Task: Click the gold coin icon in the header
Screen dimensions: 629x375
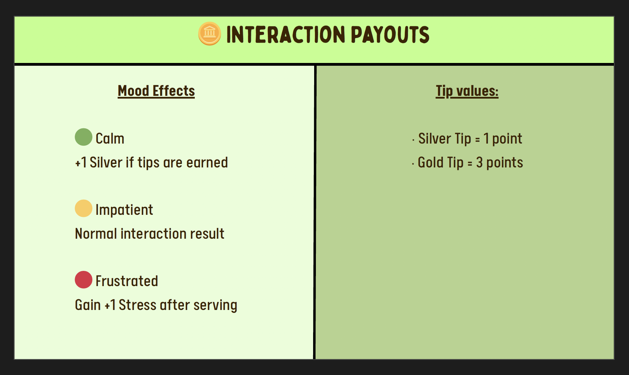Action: click(209, 34)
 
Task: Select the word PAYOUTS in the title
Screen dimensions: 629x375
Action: click(390, 35)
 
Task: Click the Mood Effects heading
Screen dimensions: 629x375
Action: click(156, 91)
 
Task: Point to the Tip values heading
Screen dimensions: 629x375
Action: click(467, 91)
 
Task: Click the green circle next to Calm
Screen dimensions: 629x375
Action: click(83, 137)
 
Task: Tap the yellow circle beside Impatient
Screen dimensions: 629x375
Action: click(83, 208)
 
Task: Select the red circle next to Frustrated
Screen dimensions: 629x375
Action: click(83, 280)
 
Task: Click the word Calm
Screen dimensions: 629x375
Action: click(110, 138)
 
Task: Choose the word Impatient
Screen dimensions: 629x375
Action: click(124, 210)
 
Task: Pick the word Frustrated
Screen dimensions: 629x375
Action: click(127, 281)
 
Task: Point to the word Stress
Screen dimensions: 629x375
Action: click(137, 305)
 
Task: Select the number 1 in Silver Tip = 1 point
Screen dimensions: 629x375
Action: click(486, 138)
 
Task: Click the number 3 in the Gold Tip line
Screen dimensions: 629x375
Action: click(479, 162)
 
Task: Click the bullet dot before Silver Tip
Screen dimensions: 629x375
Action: click(413, 140)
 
